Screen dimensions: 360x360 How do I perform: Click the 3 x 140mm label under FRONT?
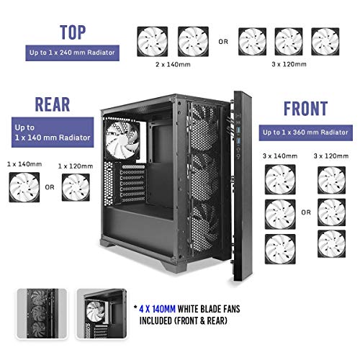(x=280, y=156)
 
